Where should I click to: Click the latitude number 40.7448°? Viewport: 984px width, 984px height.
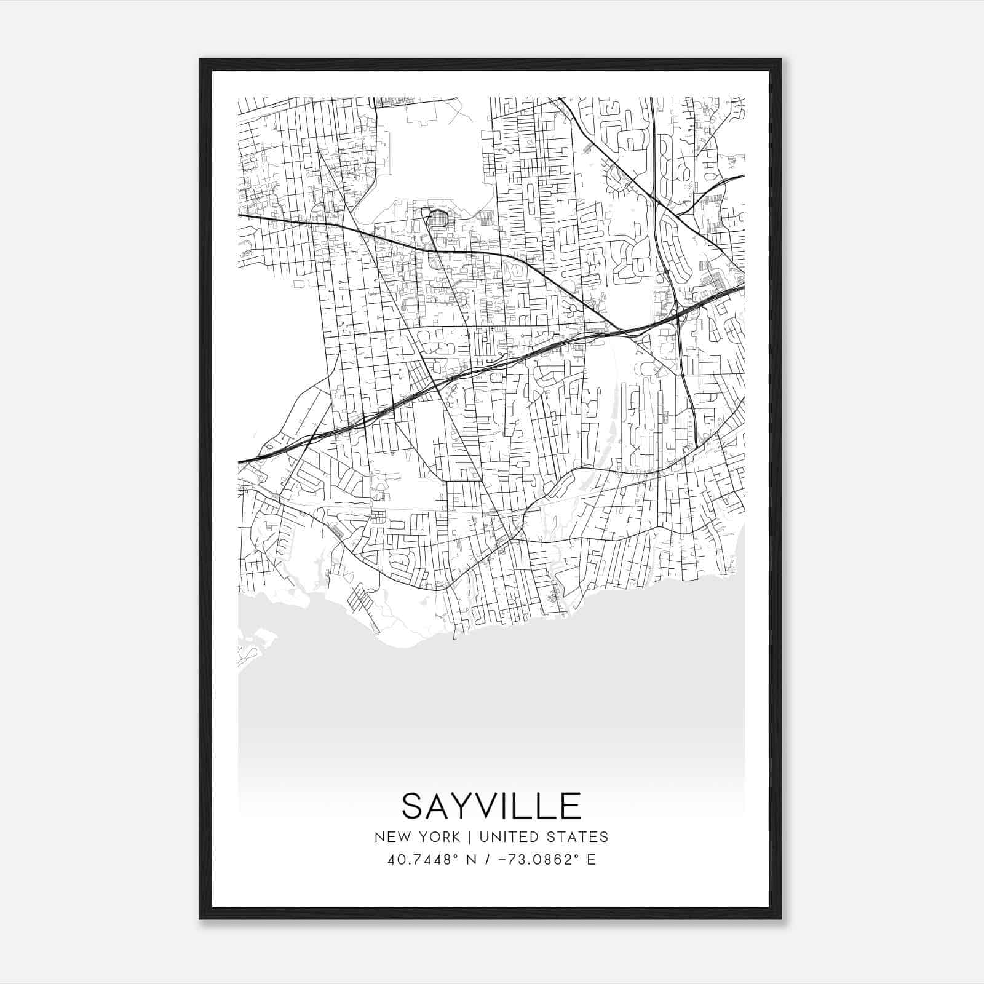[418, 860]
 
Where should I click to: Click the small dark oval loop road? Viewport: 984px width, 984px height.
[438, 218]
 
